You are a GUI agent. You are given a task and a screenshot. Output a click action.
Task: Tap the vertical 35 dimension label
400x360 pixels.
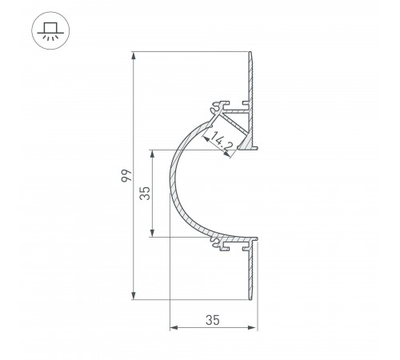tap(145, 193)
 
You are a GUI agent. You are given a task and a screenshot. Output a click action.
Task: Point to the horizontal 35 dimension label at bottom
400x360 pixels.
tap(213, 320)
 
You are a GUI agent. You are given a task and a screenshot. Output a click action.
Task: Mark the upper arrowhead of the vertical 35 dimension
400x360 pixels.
tap(153, 153)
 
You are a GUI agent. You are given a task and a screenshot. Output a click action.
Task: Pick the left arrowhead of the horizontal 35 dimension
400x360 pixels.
tap(174, 328)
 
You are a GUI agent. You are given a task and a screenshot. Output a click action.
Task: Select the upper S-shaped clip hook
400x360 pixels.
tap(217, 106)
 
